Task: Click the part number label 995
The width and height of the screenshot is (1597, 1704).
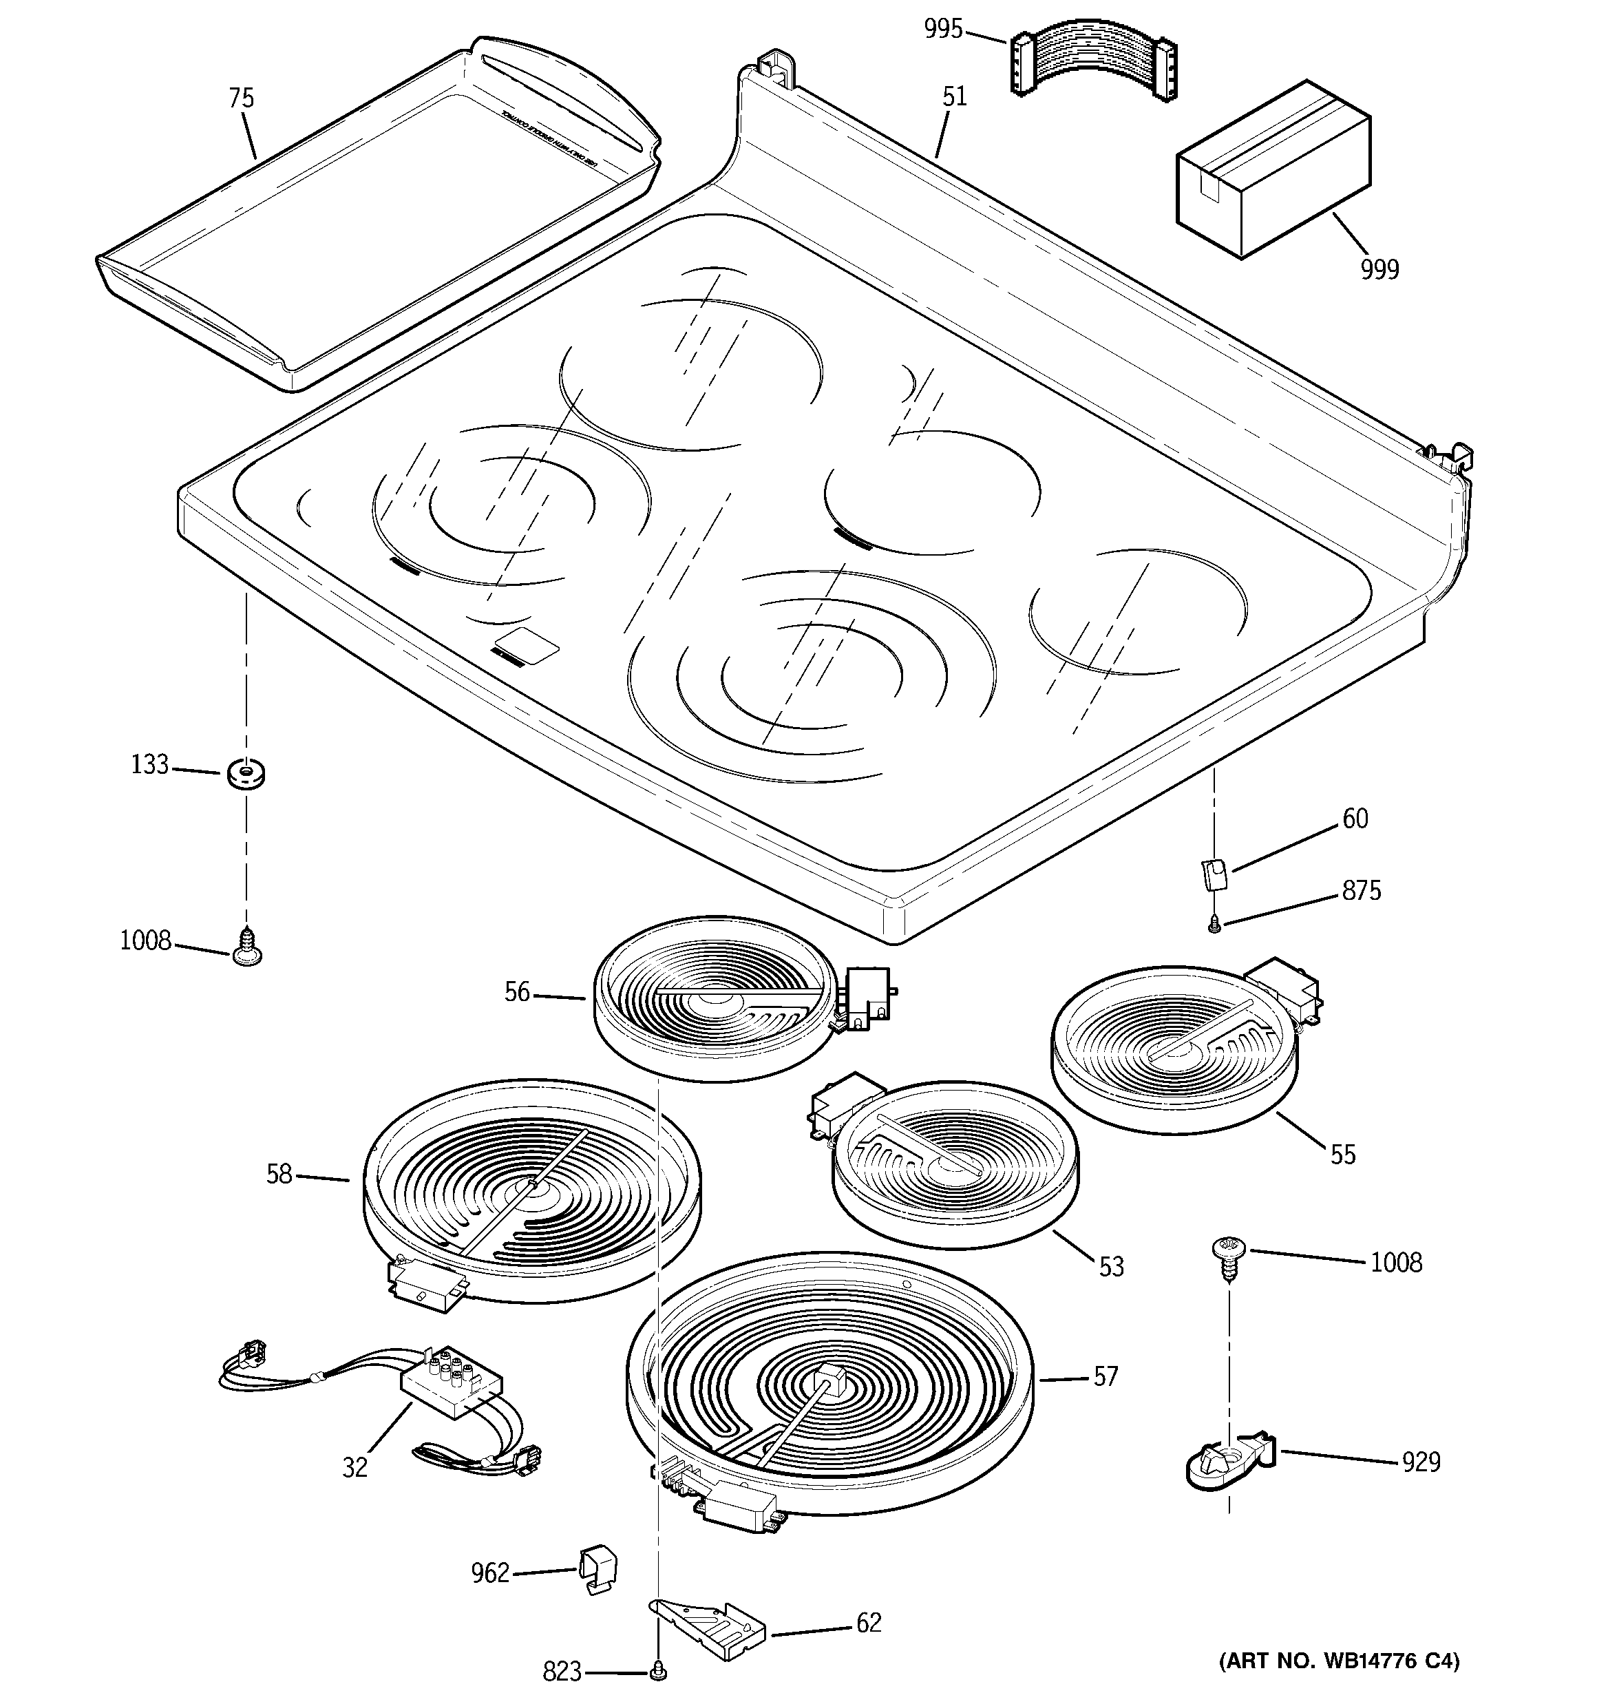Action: tap(943, 28)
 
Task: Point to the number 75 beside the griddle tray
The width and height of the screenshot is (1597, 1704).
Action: tap(241, 98)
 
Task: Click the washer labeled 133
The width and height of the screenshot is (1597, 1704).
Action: tap(246, 774)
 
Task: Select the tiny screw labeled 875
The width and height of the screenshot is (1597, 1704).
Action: tap(1214, 925)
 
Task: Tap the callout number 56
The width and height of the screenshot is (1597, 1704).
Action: tap(517, 993)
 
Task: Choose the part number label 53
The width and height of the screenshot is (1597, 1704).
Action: tap(1111, 1267)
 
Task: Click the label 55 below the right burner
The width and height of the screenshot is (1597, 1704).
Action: tap(1342, 1155)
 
